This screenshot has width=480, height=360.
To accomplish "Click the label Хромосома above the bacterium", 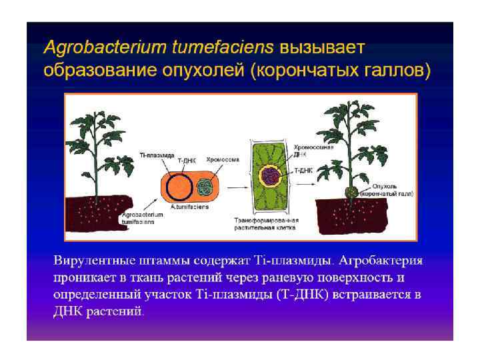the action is [x=223, y=160].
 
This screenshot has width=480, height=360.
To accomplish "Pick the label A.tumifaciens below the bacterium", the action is [x=189, y=207].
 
